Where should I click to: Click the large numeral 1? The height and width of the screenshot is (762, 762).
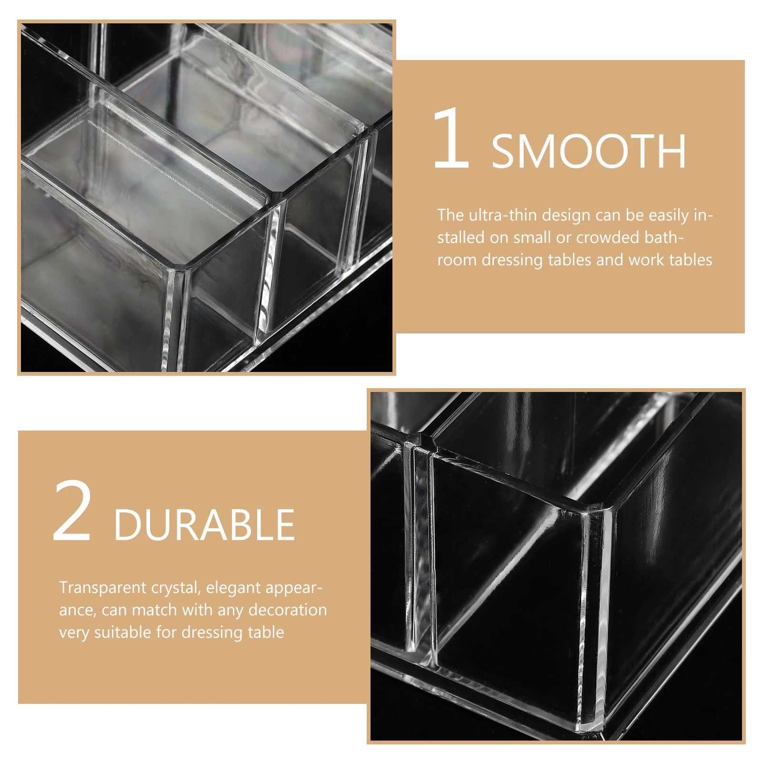click(x=451, y=139)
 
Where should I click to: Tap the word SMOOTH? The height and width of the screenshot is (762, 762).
click(x=589, y=151)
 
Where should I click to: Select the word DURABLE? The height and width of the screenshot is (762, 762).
click(x=204, y=525)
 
